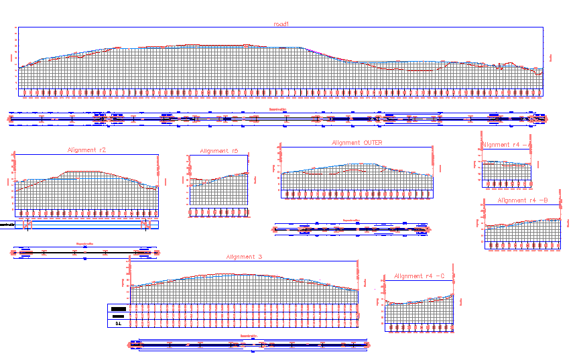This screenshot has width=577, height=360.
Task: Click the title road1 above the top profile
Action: [281, 24]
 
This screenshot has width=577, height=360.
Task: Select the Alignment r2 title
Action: [86, 150]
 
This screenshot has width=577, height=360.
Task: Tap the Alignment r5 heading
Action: [219, 152]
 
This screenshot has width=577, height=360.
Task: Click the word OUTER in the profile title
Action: [373, 143]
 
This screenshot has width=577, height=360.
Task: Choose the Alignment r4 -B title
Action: [523, 200]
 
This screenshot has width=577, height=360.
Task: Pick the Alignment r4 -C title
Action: [420, 276]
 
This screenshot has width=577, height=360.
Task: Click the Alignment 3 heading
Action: [244, 257]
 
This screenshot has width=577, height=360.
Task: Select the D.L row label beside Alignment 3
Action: [119, 323]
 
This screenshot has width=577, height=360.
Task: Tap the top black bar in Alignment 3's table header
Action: [119, 308]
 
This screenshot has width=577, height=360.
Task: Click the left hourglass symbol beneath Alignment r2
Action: [27, 225]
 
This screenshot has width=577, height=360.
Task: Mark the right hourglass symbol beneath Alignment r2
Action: [146, 225]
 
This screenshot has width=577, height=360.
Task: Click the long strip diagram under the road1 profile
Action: [277, 119]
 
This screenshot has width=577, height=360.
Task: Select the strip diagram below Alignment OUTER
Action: [351, 229]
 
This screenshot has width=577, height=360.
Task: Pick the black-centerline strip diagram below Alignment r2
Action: [85, 253]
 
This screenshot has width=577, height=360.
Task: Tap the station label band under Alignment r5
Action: [218, 212]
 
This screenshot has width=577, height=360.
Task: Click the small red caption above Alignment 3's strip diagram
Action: [249, 336]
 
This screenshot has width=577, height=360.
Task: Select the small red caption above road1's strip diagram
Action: [277, 109]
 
